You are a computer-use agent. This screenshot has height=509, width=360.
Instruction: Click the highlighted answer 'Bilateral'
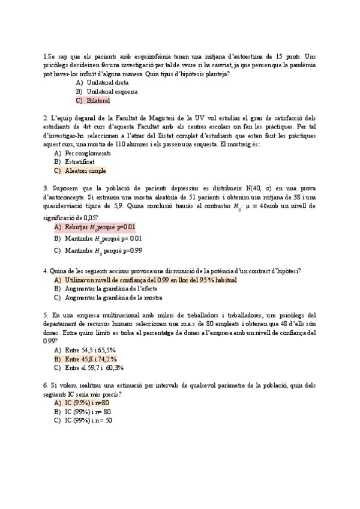coord(98,100)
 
